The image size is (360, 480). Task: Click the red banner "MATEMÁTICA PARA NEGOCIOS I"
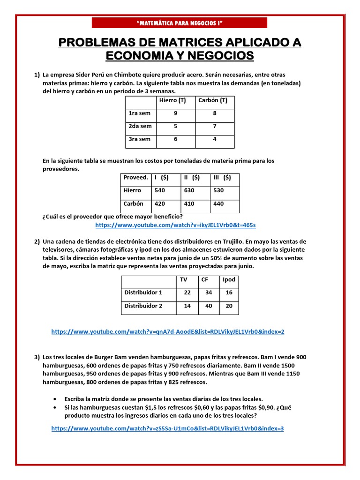(x=179, y=23)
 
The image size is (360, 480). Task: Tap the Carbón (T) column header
(x=213, y=100)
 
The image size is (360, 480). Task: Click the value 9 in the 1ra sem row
(x=175, y=113)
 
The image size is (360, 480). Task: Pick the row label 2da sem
(x=140, y=126)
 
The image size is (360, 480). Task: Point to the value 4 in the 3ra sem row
(x=214, y=139)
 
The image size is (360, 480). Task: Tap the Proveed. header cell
(x=135, y=178)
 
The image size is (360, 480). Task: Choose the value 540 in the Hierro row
(x=160, y=190)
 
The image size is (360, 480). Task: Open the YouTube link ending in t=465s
(x=175, y=225)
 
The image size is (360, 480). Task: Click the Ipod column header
(x=229, y=279)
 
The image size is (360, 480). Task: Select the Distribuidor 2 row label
(x=143, y=306)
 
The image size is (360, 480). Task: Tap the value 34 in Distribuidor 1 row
(x=209, y=292)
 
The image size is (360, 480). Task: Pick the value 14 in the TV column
(x=187, y=306)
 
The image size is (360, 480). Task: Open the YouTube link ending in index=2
(x=167, y=331)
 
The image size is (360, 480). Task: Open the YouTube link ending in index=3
(x=167, y=428)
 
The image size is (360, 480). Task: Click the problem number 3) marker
(x=37, y=357)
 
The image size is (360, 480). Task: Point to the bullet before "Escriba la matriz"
(x=56, y=398)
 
